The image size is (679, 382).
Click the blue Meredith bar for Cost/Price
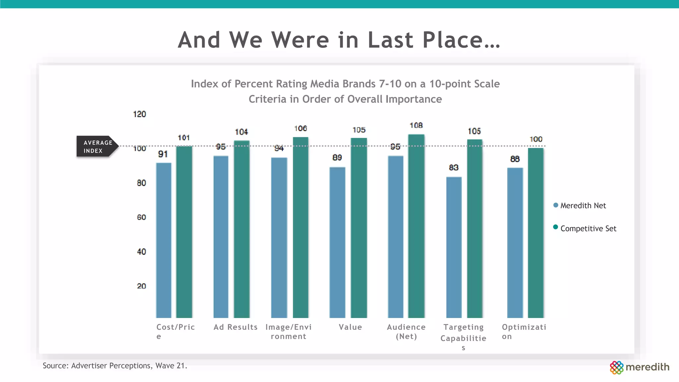pos(163,240)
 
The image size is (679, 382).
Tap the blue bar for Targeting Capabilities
pos(454,247)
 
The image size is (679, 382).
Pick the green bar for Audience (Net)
pos(416,226)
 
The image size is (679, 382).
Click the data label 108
pos(416,125)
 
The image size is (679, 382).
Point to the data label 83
pos(454,167)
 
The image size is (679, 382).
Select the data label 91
pos(163,154)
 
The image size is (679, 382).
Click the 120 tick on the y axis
pos(139,114)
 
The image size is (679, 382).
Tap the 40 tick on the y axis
pos(141,252)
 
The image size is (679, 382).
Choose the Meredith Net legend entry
pos(583,206)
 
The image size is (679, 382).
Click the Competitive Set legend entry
pos(588,228)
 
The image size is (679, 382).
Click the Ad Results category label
pos(235,327)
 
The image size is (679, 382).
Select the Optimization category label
pos(524,331)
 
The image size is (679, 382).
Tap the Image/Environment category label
pos(288,331)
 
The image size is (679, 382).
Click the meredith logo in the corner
pos(640,367)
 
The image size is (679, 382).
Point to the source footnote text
pos(115,366)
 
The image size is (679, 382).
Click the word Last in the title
pos(390,40)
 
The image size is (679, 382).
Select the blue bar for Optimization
pos(515,243)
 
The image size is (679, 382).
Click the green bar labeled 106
pos(300,227)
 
